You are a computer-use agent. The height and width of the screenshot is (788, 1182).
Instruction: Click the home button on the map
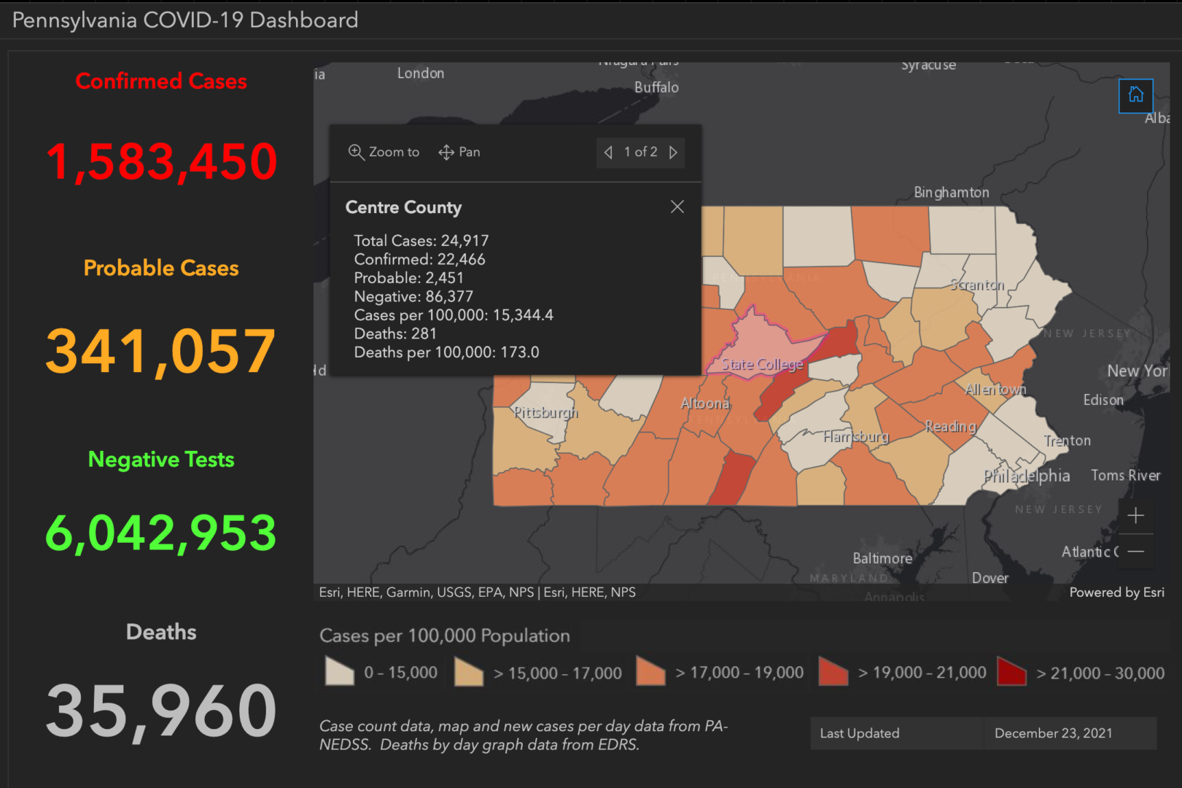point(1135,96)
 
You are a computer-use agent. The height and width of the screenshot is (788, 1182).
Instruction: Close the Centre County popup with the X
point(677,206)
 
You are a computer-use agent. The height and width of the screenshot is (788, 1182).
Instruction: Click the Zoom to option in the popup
point(384,152)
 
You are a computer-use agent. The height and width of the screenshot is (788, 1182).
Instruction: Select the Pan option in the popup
point(459,152)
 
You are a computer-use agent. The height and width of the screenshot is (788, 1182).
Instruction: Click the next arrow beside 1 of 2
point(673,152)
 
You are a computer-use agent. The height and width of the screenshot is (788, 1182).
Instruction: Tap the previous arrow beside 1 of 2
point(608,152)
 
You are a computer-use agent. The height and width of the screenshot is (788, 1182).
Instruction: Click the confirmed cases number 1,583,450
point(161,161)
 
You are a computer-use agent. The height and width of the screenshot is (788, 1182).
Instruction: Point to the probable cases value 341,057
point(161,351)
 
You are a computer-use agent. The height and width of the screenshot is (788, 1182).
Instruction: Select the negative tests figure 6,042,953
point(161,533)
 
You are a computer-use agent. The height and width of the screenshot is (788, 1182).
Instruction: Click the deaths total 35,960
point(161,710)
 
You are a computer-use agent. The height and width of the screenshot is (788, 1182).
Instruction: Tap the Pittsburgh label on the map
point(545,412)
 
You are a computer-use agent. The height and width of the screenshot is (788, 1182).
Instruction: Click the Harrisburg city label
point(855,436)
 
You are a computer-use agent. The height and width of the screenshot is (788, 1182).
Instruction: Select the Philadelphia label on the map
point(1026,476)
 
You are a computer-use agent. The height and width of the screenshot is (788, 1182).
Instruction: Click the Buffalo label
point(656,88)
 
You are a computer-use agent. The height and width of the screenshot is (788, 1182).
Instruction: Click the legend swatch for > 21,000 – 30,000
point(1011,671)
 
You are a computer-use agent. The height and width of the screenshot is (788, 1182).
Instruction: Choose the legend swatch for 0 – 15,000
point(340,671)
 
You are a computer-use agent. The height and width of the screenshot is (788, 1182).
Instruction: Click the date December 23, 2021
point(1053,733)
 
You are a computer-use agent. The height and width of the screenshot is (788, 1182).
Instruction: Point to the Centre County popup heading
point(403,207)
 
